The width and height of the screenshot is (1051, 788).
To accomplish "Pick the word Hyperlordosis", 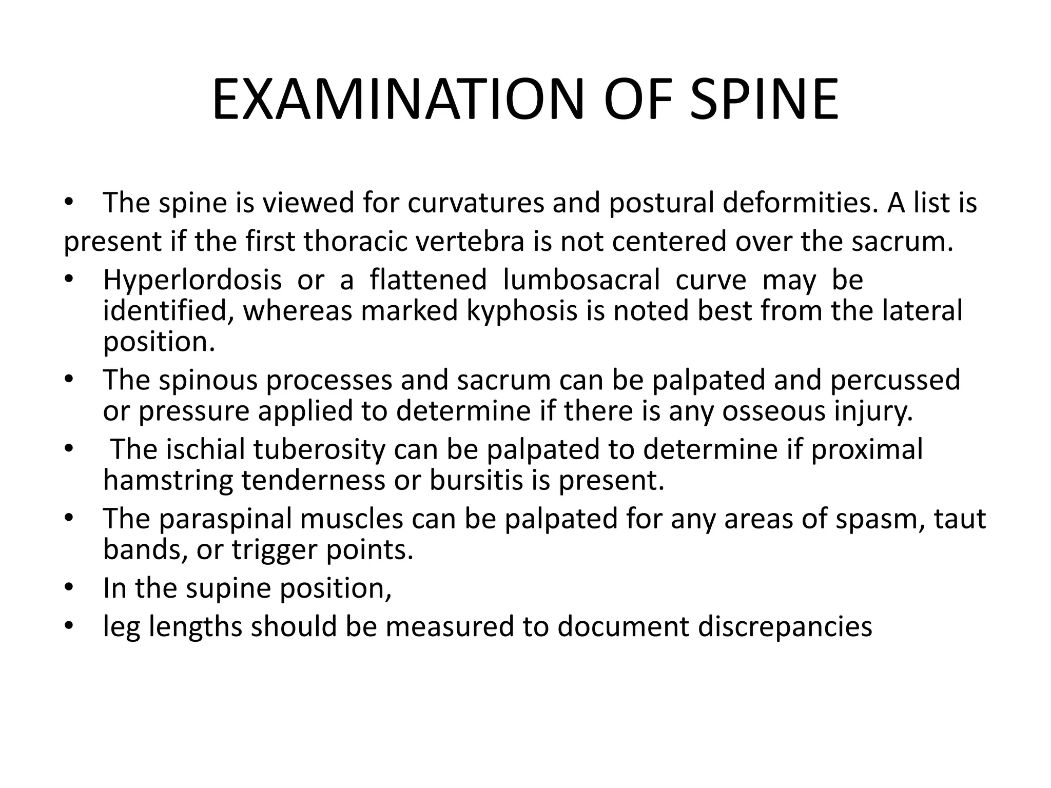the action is (x=192, y=280).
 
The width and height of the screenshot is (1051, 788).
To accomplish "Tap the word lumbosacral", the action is (x=581, y=280).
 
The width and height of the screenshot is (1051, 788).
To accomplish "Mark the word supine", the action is (x=228, y=588).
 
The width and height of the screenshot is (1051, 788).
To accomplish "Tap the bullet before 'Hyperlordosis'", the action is (x=69, y=280).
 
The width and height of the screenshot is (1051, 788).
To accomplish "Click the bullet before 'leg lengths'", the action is (x=69, y=626).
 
